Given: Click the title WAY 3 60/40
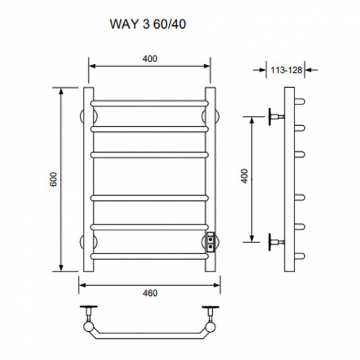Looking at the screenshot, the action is [148, 24].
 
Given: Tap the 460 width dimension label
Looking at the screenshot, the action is [150, 293].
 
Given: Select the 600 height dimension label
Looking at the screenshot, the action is [53, 179].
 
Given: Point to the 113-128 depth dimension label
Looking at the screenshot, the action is [286, 70].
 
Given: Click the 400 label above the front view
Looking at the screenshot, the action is [150, 58].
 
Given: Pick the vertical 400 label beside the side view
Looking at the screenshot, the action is [244, 176].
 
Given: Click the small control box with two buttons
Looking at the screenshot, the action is [210, 242].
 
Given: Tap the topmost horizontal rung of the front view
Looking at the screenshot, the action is [150, 104].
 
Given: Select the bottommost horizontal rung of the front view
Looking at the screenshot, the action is [150, 256].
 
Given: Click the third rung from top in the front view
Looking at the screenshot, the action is [150, 155].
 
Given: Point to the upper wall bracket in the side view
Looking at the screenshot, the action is [276, 117].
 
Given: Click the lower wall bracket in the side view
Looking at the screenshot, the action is [276, 242].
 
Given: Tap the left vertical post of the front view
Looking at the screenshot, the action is [89, 179].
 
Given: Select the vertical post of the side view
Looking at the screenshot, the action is [289, 179].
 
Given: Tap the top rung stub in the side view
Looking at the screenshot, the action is [300, 102].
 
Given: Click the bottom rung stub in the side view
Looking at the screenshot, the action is [300, 256].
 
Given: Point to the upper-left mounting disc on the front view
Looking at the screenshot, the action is [81, 117].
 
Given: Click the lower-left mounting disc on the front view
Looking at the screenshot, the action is [81, 242].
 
